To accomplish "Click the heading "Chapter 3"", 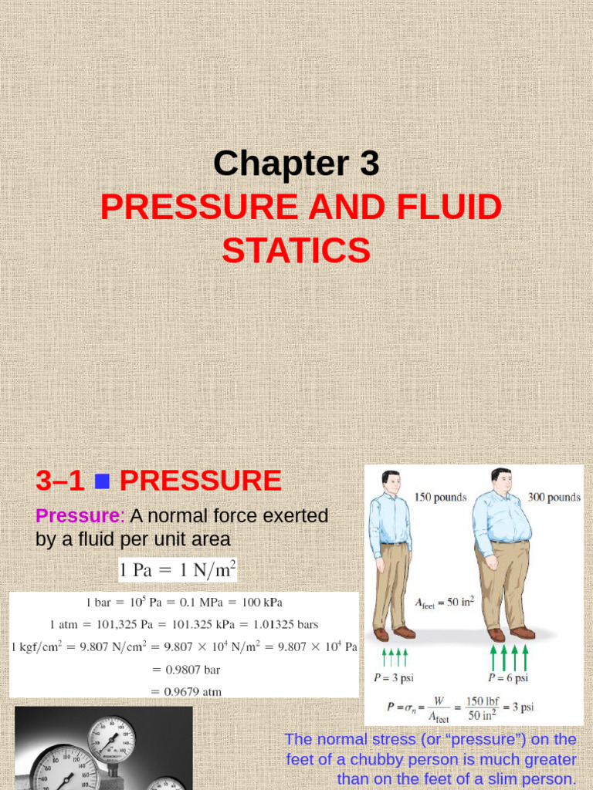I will click(x=296, y=164).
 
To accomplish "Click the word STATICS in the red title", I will click(x=296, y=251).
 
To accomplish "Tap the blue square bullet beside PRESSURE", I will click(x=102, y=482).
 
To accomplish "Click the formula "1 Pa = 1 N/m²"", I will click(x=177, y=571).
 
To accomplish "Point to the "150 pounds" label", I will click(x=441, y=498).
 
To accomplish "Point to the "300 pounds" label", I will click(x=554, y=498).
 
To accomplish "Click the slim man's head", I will click(x=391, y=483).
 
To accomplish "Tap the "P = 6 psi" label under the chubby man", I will click(x=508, y=678).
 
